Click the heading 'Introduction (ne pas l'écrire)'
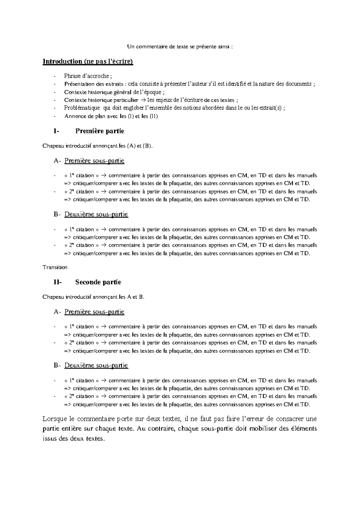point(88,62)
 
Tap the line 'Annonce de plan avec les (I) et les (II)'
point(111,116)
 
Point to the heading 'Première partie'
point(100,131)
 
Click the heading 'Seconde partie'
point(98,282)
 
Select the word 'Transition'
point(55,267)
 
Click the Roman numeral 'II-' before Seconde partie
point(58,282)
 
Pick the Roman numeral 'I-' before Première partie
point(56,131)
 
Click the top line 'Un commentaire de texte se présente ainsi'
point(180,47)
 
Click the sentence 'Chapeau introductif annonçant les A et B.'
point(94,297)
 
